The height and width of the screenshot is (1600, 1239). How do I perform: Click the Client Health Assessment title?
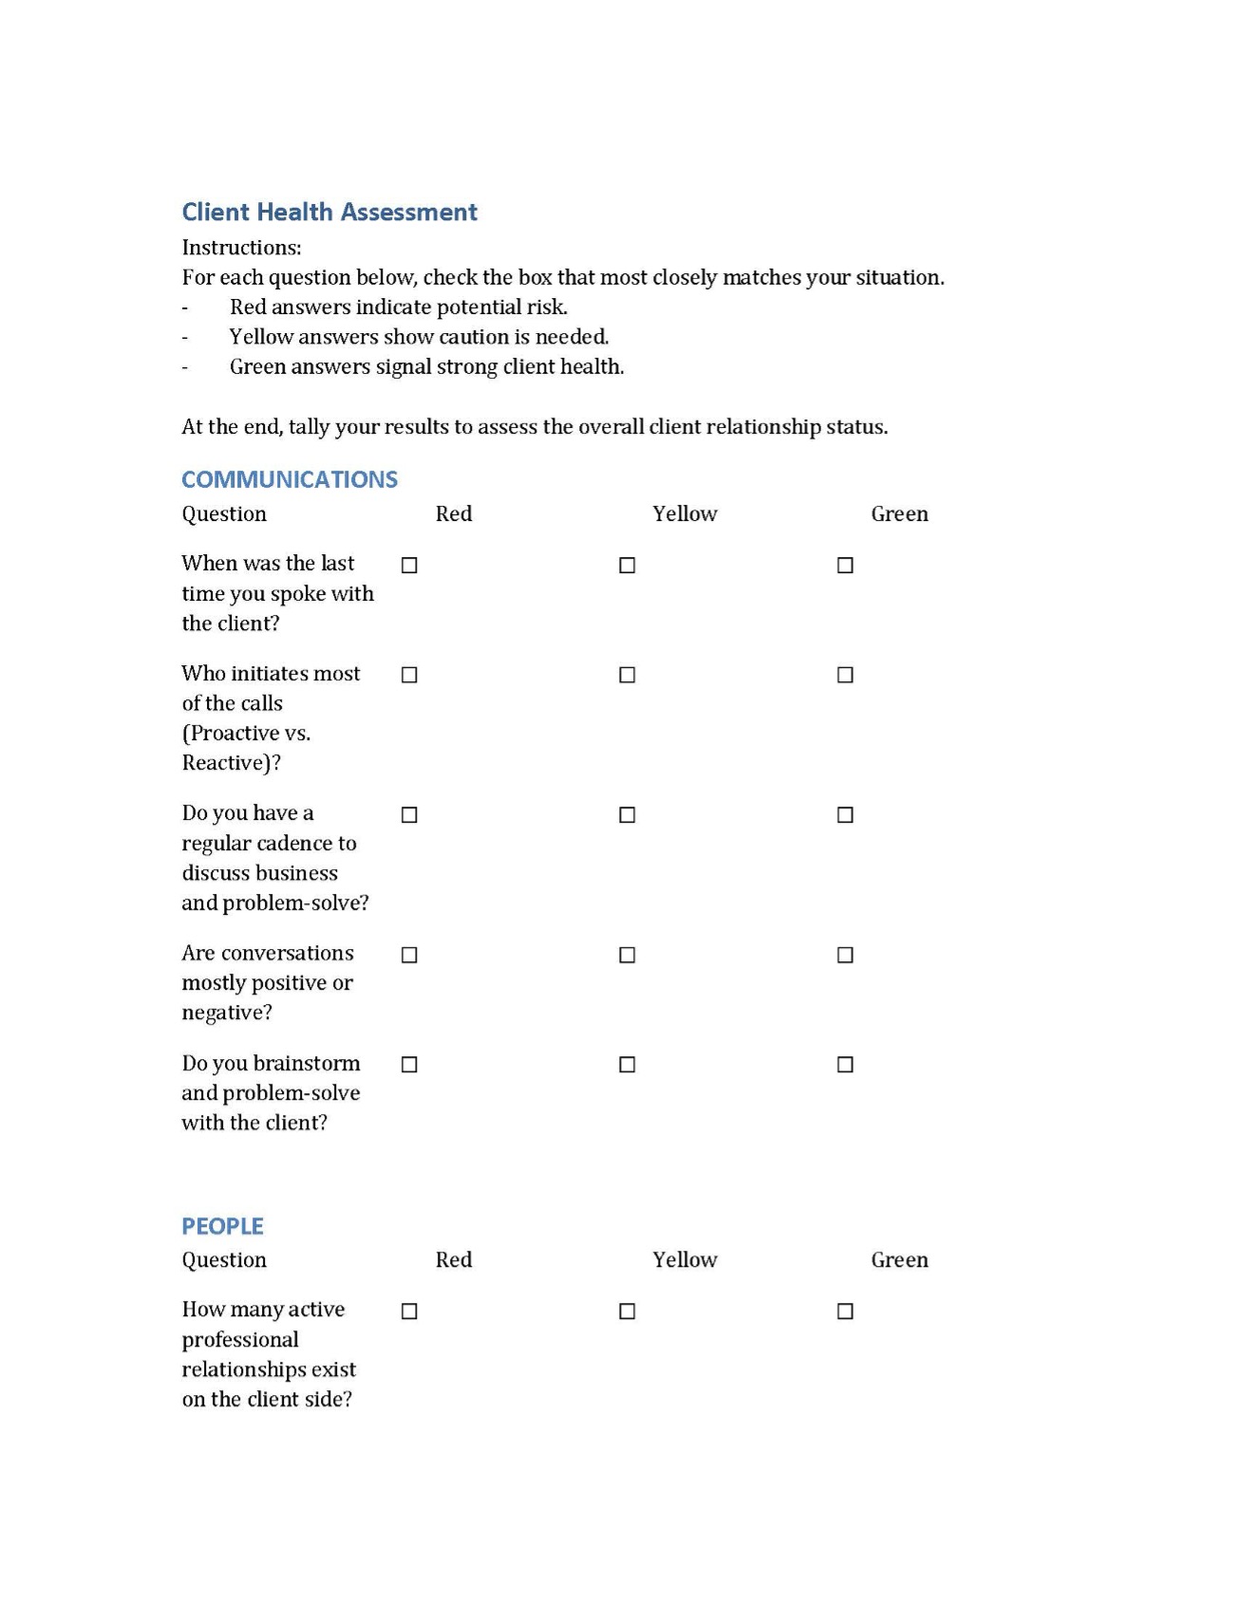click(329, 212)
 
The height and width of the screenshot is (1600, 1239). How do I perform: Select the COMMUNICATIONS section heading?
click(290, 479)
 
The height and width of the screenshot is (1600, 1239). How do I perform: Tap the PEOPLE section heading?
click(222, 1226)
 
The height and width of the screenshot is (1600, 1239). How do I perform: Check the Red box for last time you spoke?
click(409, 566)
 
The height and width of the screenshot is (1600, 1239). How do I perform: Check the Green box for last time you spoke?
click(845, 566)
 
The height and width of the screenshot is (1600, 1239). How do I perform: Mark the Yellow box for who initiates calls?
click(628, 675)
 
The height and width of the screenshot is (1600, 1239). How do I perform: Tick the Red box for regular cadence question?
click(409, 815)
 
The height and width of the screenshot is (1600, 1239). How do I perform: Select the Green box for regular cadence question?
click(845, 815)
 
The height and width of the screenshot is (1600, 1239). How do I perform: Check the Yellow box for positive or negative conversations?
click(628, 955)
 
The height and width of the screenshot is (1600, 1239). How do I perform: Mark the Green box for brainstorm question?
click(845, 1065)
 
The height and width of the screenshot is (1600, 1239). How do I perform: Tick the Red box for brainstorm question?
click(409, 1065)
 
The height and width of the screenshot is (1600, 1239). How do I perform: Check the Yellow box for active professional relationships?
click(628, 1312)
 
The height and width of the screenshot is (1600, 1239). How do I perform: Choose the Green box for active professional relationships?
click(845, 1312)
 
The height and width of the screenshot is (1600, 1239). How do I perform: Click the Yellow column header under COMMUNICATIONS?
click(685, 514)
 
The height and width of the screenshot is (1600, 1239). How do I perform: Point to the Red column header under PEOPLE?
click(454, 1260)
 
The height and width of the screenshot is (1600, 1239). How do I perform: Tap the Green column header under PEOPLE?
click(899, 1260)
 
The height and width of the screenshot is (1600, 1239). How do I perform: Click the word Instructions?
click(241, 248)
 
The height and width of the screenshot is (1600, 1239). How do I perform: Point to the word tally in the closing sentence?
click(309, 427)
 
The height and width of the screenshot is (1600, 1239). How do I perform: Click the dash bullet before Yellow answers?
click(185, 338)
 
